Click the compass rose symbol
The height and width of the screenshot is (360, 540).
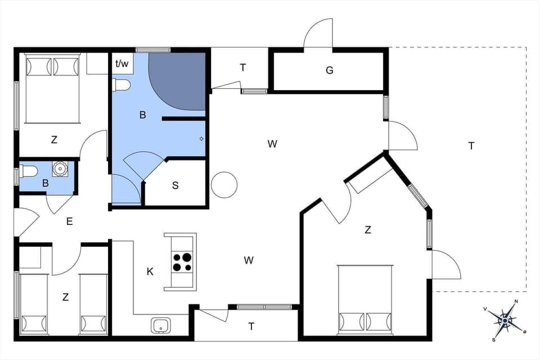(506, 321)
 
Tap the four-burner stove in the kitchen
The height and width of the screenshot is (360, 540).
(181, 262)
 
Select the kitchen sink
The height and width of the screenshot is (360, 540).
(161, 325)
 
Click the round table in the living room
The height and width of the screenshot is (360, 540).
(224, 184)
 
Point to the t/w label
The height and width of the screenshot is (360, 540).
(121, 64)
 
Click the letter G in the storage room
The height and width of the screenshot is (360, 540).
(330, 70)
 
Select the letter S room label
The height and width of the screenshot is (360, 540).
(175, 185)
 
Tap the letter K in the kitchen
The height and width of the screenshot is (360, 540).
(150, 272)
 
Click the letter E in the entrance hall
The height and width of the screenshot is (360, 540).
(69, 222)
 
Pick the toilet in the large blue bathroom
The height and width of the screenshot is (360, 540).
(121, 85)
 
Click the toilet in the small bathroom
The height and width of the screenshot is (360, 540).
(28, 170)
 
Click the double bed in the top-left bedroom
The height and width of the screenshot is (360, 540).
(52, 88)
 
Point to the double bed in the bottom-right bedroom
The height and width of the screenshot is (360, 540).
(365, 299)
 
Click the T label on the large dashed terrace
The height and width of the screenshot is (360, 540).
(471, 146)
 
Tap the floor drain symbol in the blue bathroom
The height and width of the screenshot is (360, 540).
(201, 138)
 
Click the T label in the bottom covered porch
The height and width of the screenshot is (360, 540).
(251, 326)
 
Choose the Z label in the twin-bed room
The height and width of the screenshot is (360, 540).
(65, 297)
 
